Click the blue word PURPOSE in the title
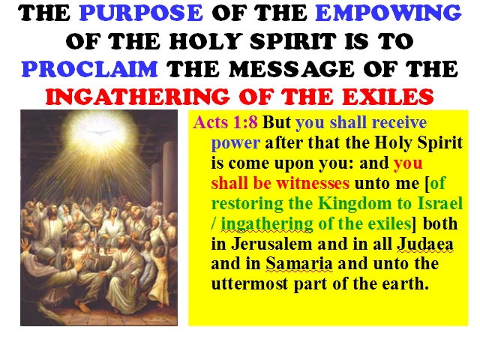(x=141, y=13)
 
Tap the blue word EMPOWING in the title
(x=388, y=13)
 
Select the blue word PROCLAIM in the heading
(x=90, y=69)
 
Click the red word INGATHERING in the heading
(x=137, y=97)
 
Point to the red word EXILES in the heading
(x=388, y=97)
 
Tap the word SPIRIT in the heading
(x=293, y=41)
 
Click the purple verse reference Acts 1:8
(x=225, y=122)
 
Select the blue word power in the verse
(x=235, y=143)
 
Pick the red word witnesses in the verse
(x=313, y=183)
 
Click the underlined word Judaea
(x=425, y=244)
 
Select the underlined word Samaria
(x=298, y=264)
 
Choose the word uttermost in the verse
(x=250, y=283)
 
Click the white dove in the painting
(x=100, y=133)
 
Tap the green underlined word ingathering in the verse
(x=267, y=224)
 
